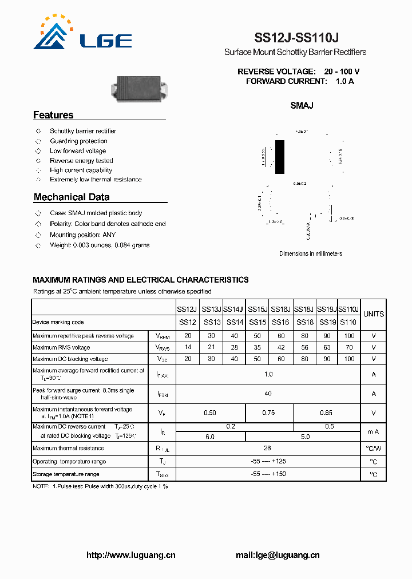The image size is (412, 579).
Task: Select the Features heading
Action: pyautogui.click(x=53, y=115)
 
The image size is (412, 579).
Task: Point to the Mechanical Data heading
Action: pyautogui.click(x=72, y=197)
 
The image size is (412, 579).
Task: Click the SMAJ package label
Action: pyautogui.click(x=302, y=105)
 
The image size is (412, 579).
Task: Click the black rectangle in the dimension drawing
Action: pyautogui.click(x=279, y=156)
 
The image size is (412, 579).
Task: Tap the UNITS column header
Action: pyautogui.click(x=373, y=314)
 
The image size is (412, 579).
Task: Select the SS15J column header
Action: pyautogui.click(x=257, y=309)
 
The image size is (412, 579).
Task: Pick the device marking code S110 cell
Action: pyautogui.click(x=348, y=322)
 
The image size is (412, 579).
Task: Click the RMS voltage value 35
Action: pyautogui.click(x=257, y=347)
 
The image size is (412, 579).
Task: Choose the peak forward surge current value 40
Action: pyautogui.click(x=268, y=393)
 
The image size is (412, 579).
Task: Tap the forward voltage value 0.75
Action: pyautogui.click(x=268, y=413)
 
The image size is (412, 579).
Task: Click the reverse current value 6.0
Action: pyautogui.click(x=210, y=437)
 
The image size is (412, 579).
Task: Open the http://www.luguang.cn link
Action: pyautogui.click(x=130, y=555)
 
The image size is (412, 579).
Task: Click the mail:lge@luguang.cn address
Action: pyautogui.click(x=278, y=555)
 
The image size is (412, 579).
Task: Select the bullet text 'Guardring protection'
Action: pyautogui.click(x=78, y=141)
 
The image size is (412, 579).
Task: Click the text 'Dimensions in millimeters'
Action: pyautogui.click(x=310, y=253)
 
